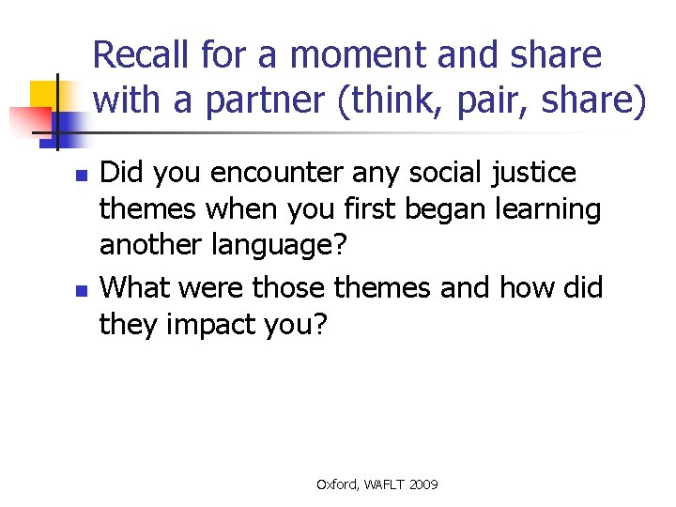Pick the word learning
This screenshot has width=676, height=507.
click(x=549, y=209)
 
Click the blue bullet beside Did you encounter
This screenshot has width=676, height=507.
click(x=81, y=176)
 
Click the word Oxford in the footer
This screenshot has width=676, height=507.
click(x=335, y=484)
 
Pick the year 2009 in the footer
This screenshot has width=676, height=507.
click(x=423, y=484)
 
